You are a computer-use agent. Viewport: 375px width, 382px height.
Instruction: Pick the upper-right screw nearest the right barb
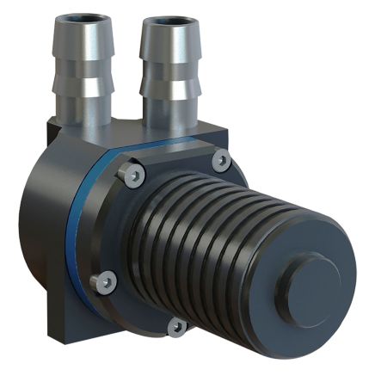(220, 159)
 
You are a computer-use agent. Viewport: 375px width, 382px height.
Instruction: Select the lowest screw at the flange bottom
(176, 326)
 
